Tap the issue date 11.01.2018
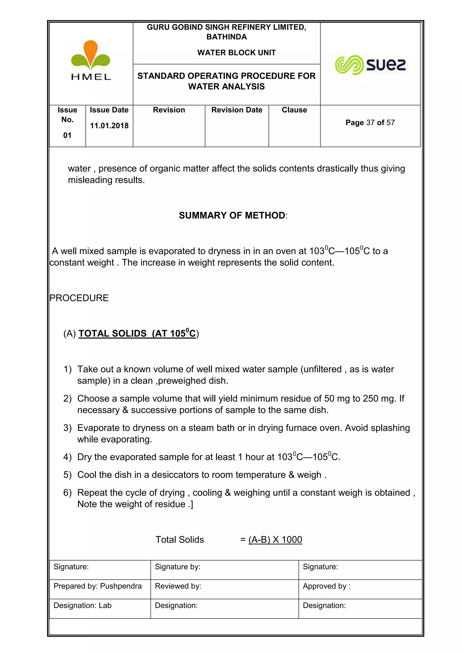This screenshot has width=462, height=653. point(109,126)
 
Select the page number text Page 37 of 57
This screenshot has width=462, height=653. point(370,123)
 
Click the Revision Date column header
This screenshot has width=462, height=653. point(237,110)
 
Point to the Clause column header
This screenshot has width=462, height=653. point(294,110)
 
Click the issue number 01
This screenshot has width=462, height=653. point(67,135)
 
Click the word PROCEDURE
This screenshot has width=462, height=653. point(79,298)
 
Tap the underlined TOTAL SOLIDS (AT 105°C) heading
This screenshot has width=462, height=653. point(137,333)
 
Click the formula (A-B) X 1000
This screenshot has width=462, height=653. point(275,540)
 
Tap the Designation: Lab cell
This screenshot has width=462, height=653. point(83,605)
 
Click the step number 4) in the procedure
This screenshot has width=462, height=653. point(67,457)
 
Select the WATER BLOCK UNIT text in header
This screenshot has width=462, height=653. point(236,53)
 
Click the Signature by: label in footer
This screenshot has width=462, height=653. point(178,567)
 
